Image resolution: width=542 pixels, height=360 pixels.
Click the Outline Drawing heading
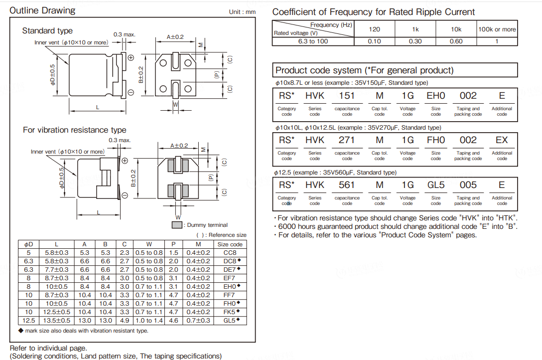43,10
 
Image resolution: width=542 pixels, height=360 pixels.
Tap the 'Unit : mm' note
242,12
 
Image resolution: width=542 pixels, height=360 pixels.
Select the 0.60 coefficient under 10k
456,41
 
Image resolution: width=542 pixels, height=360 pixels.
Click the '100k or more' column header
497,29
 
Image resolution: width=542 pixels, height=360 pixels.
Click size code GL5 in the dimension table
229,320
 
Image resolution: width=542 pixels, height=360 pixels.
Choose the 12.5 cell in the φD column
29,320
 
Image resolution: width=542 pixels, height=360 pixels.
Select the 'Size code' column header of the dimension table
230,244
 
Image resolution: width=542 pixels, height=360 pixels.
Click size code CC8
229,253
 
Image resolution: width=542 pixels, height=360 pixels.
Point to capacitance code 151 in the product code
347,96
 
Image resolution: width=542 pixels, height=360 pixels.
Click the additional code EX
501,140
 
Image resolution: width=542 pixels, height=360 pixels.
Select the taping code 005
468,185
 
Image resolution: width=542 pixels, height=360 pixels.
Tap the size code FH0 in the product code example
435,140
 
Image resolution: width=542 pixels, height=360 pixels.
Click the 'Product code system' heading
365,70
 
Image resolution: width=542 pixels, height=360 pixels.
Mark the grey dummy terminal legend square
176,225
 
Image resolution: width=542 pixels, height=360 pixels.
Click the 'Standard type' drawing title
47,31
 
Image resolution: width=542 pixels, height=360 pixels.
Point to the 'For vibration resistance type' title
75,130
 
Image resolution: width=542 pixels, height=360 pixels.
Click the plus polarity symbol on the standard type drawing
131,58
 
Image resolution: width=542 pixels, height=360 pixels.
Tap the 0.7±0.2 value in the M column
198,320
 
